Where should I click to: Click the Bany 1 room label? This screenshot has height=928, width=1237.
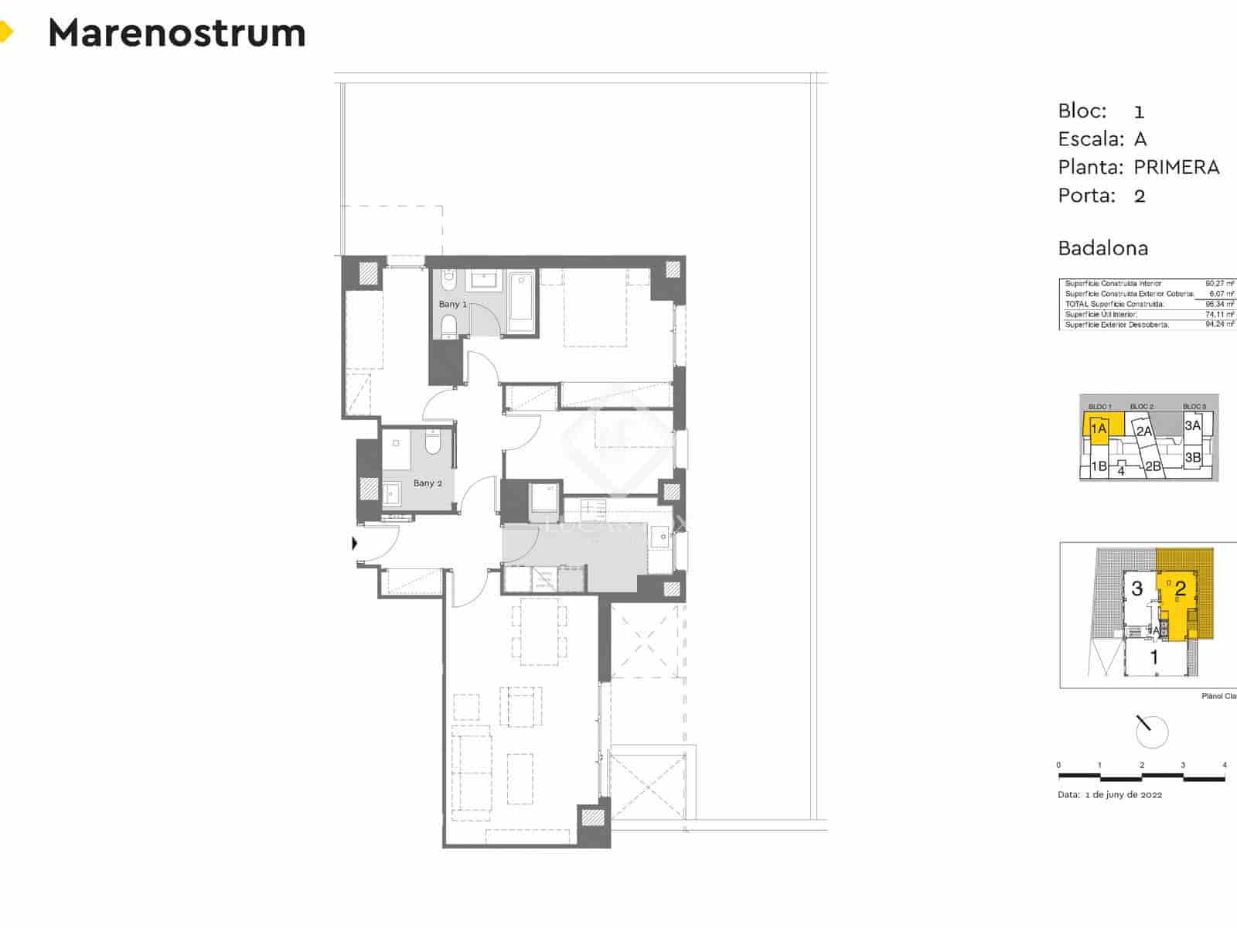click(x=452, y=304)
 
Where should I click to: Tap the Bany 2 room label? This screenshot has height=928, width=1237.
click(x=428, y=483)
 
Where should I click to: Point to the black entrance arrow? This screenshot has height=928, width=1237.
click(x=355, y=543)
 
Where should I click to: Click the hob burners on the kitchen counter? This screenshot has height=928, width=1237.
click(x=593, y=508)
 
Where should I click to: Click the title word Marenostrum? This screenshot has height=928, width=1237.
click(x=177, y=33)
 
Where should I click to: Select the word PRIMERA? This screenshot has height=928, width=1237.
click(x=1176, y=167)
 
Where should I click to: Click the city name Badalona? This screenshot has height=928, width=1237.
click(x=1102, y=248)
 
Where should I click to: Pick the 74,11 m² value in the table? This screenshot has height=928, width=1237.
click(x=1219, y=315)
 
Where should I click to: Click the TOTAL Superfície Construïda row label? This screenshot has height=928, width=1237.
click(x=1114, y=305)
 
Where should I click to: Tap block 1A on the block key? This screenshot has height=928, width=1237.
click(x=1099, y=428)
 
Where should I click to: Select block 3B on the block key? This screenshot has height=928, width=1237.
click(x=1193, y=457)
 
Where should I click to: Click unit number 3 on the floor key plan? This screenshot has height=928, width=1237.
click(x=1136, y=589)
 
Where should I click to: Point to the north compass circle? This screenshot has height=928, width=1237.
click(x=1151, y=732)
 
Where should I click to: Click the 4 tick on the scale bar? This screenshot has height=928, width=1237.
click(x=1225, y=766)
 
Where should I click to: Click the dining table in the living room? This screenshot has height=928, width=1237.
click(x=539, y=632)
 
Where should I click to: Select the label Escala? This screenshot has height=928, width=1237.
click(x=1090, y=139)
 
